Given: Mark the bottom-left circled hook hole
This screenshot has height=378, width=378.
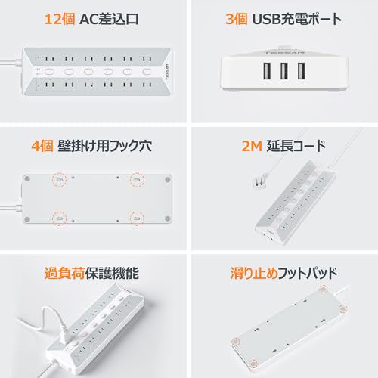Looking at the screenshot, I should (58, 219).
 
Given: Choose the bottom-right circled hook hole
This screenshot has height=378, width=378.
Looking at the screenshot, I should (137, 219).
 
